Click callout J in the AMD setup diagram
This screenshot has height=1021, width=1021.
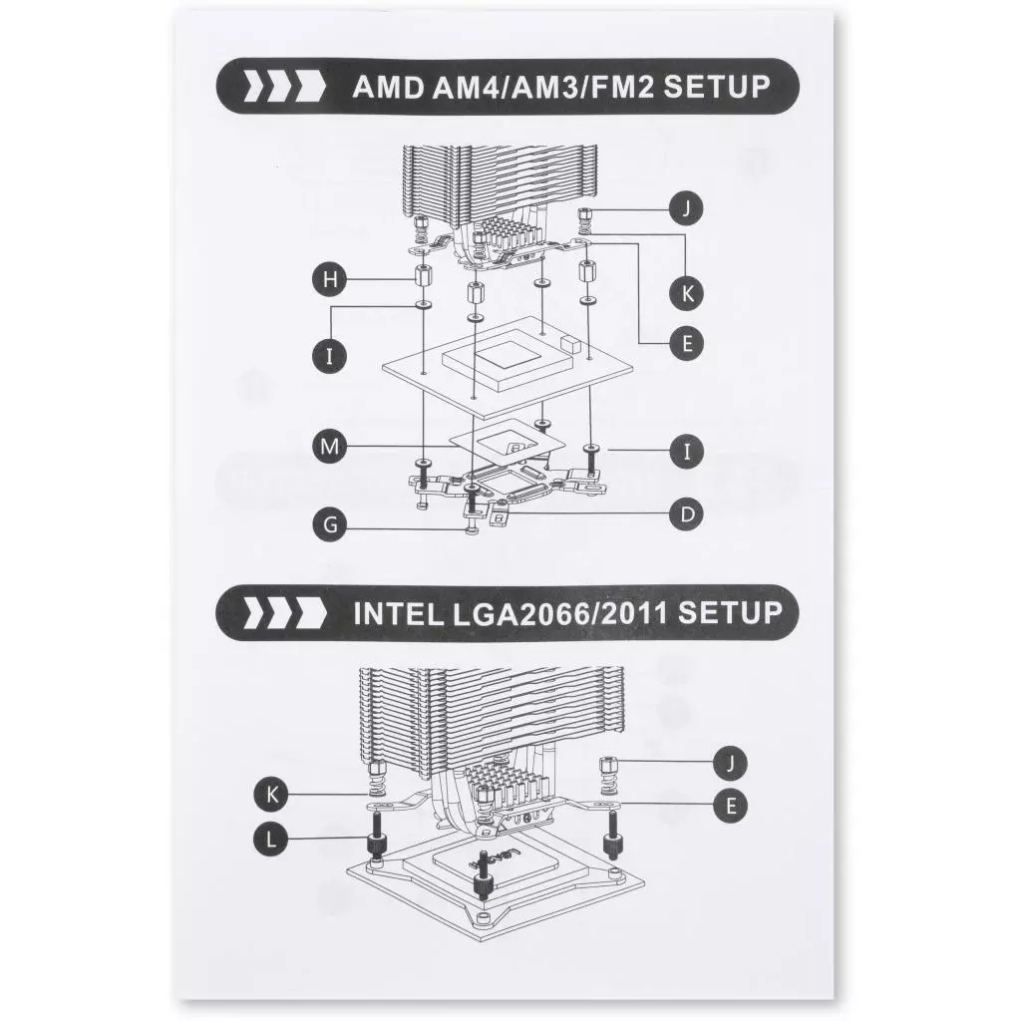686,208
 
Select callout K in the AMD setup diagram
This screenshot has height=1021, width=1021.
686,293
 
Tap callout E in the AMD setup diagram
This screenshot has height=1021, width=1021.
686,343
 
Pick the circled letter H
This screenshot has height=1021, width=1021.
330,280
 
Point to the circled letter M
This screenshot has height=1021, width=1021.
330,447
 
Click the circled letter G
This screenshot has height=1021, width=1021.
330,524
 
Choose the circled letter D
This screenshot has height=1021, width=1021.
686,514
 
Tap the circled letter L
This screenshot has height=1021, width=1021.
271,840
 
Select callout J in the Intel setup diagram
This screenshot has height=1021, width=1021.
730,763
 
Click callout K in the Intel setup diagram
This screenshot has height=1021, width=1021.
271,795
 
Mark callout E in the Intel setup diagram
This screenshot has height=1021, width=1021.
730,806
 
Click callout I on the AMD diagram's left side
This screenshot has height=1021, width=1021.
330,356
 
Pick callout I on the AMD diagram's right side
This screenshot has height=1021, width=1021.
686,452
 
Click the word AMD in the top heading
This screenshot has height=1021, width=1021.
388,88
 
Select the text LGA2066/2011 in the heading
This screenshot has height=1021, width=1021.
559,613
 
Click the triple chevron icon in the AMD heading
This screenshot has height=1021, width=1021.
284,88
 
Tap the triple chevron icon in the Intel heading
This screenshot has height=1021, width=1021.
284,613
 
